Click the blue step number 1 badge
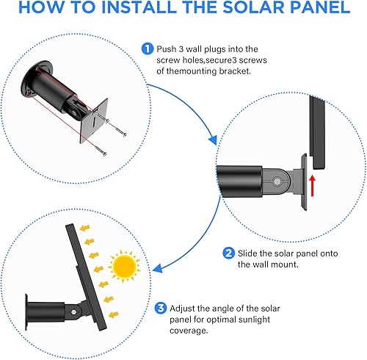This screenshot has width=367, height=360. pos(148,50)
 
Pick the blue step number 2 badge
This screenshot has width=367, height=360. pos(229,253)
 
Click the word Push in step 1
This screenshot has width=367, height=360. pos(167,50)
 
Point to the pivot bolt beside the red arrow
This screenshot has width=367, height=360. pos(279,177)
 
